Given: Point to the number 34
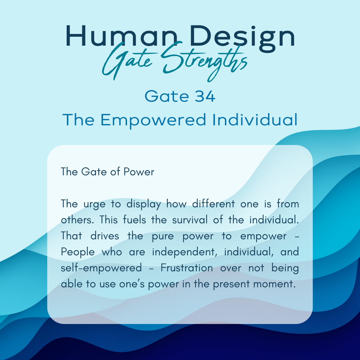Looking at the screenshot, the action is click(205, 96).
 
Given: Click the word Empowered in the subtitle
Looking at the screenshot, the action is click(153, 120).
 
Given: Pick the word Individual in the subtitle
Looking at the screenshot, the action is click(255, 120).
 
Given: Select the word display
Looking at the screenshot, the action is click(143, 204).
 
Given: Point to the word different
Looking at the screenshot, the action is click(214, 204).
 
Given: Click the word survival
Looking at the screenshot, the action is click(190, 220).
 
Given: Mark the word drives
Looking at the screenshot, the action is click(105, 236).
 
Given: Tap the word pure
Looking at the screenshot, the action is click(163, 236).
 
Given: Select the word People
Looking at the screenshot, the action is click(78, 252).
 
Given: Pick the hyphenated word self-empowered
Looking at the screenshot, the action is click(101, 268).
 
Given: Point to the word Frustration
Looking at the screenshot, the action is click(187, 268).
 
